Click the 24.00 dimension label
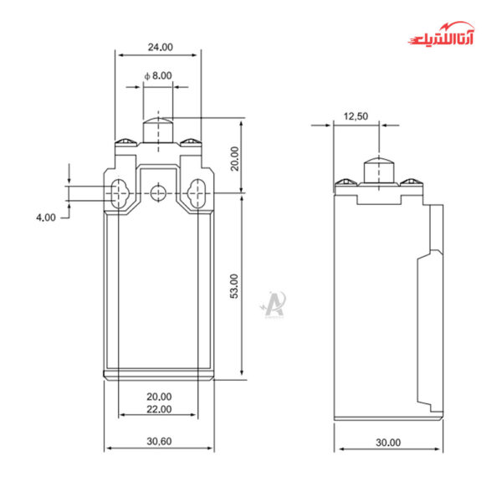point(159,47)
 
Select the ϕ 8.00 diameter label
point(158,75)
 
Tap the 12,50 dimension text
point(356,116)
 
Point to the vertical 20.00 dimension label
point(235,158)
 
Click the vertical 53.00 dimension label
point(235,285)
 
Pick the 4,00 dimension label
point(45,218)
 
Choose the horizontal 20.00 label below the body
point(159,396)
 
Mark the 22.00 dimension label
point(159,409)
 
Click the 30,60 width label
point(159,440)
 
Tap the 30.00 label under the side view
point(388,442)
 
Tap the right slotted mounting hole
point(197,194)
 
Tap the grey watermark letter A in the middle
point(274,301)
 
